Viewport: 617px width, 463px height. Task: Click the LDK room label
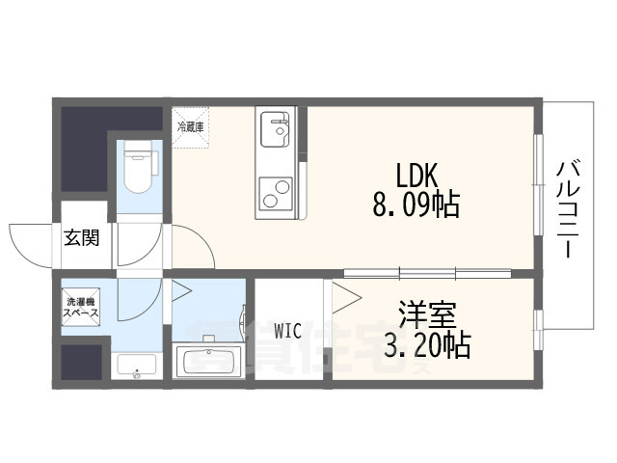(x=417, y=175)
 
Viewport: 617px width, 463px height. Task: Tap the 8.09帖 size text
(x=416, y=204)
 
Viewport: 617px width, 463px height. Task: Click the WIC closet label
(x=287, y=331)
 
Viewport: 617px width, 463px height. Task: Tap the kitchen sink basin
(x=276, y=128)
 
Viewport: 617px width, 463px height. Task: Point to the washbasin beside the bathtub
(x=134, y=366)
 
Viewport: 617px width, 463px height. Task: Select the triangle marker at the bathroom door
(x=180, y=290)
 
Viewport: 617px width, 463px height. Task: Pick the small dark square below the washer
(x=81, y=362)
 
